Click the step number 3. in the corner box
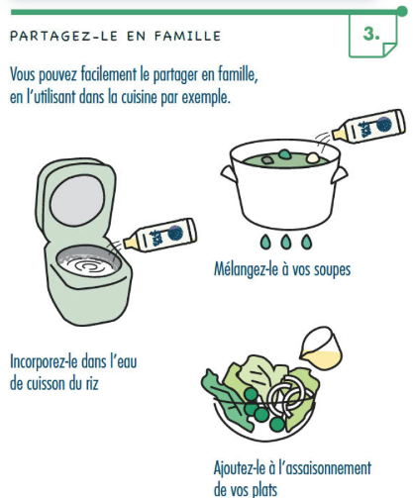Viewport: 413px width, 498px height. coord(371,34)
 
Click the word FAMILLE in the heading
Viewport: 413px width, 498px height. coord(187,36)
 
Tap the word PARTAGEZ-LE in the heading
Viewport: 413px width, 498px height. coord(63,36)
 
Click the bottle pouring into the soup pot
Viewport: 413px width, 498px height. coord(368,127)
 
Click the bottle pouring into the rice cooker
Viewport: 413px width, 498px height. coord(160,235)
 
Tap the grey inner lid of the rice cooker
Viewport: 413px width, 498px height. coord(77,201)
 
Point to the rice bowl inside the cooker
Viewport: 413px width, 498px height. coord(88,260)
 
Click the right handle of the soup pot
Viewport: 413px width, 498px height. coord(340,174)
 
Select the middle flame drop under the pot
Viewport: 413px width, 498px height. coord(286,242)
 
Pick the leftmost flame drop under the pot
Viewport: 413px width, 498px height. coord(265,242)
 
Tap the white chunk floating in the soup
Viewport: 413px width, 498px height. coord(313,157)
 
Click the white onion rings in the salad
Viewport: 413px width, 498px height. coord(286,394)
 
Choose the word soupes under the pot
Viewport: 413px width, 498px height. coord(332,270)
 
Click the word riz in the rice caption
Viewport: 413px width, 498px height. coord(92,383)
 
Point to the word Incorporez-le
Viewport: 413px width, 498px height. coord(44,361)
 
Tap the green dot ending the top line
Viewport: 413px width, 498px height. coord(402,12)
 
